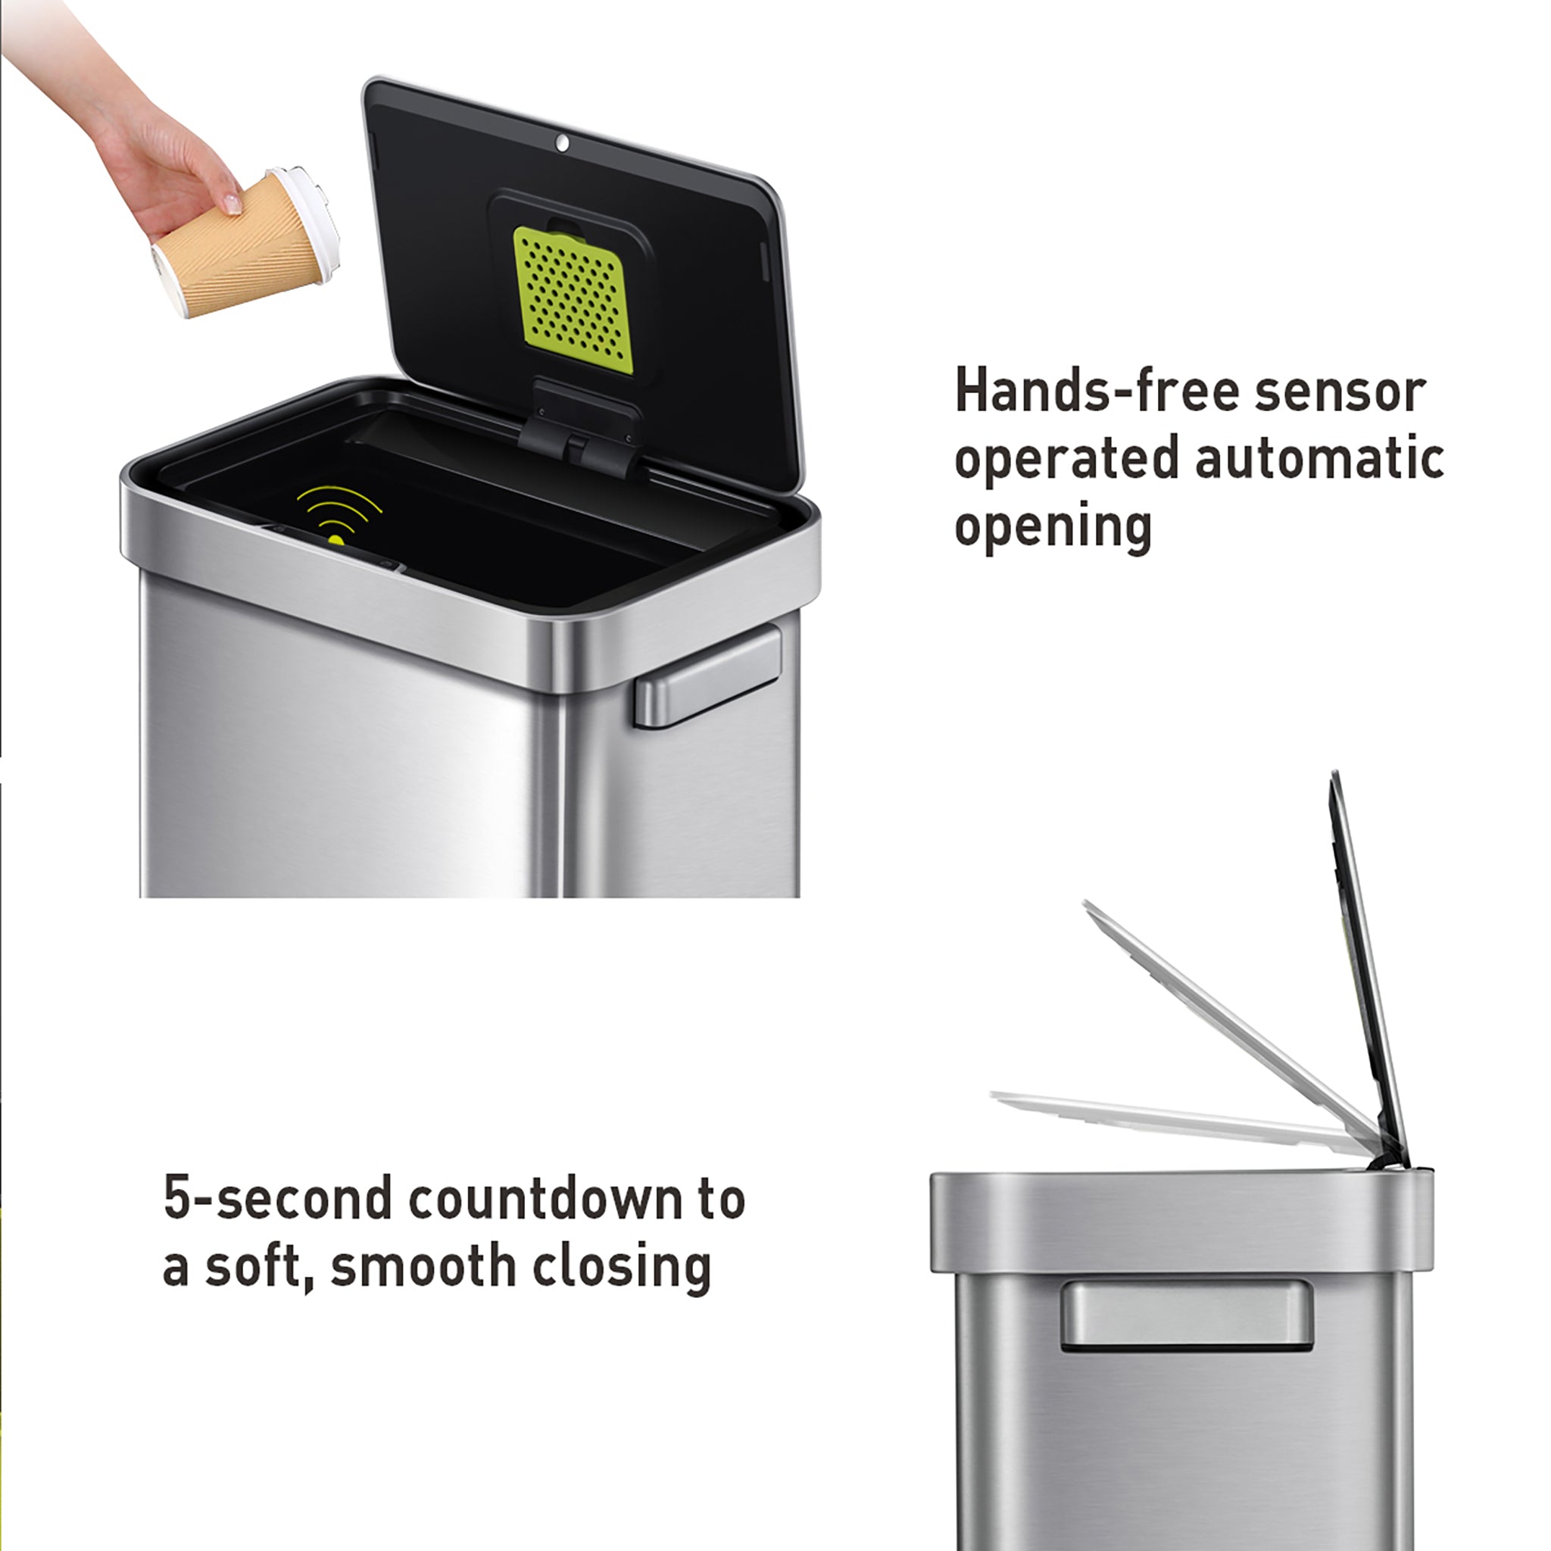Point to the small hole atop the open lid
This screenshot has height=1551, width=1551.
click(562, 144)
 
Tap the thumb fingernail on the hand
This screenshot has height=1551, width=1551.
click(232, 202)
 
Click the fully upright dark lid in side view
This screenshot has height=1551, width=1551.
click(1365, 963)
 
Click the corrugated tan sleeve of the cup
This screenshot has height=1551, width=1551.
click(232, 249)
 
